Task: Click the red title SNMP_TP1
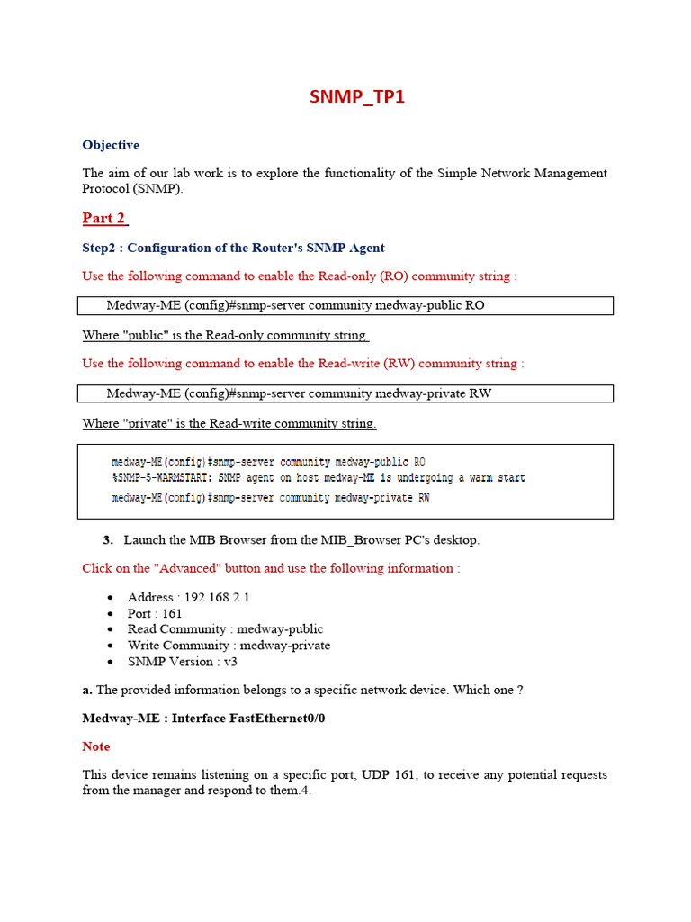[x=357, y=96]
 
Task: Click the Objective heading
[x=111, y=145]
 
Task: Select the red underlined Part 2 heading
[x=104, y=218]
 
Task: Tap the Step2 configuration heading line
[x=233, y=248]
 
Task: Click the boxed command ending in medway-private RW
[x=299, y=393]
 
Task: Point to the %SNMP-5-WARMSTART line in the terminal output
[x=318, y=478]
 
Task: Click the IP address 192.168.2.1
[x=217, y=597]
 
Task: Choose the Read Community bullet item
[x=225, y=629]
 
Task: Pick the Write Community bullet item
[x=229, y=646]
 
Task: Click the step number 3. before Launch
[x=108, y=540]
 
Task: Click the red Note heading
[x=96, y=746]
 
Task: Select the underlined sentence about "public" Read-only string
[x=225, y=335]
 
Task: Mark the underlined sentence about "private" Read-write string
[x=229, y=423]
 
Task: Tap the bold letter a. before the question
[x=87, y=690]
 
